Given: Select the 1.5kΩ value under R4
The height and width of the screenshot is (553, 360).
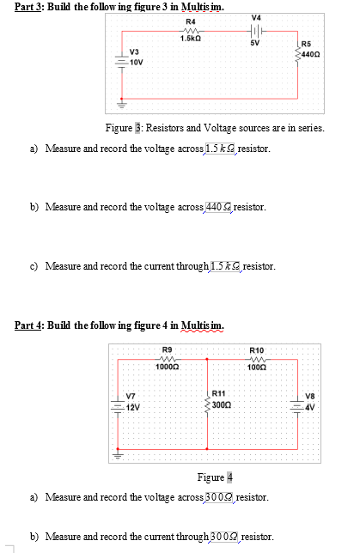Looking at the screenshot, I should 190,39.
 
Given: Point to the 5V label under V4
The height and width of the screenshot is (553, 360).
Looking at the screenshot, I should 254,42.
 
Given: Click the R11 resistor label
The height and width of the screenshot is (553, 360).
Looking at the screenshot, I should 219,392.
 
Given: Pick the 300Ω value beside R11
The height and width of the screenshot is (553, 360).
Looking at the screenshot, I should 222,403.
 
